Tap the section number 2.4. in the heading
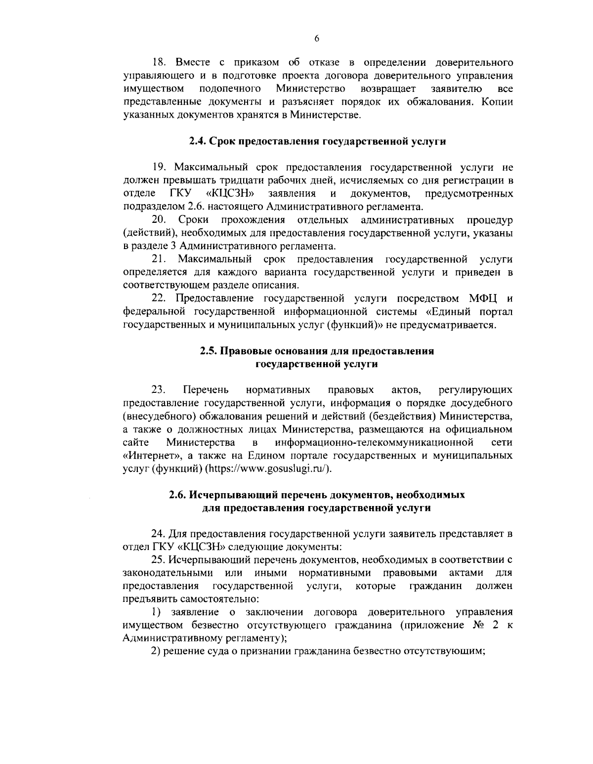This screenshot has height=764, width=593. pos(199,142)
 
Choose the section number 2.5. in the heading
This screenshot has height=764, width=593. pos(209,351)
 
